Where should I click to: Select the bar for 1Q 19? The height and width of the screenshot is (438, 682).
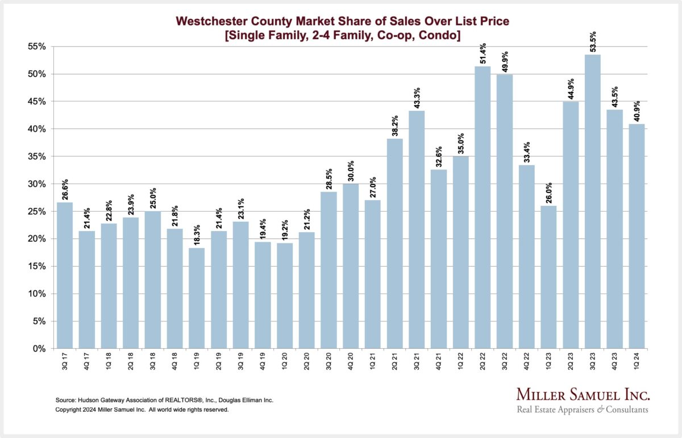(x=197, y=298)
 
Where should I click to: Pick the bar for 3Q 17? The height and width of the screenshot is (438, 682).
(x=65, y=275)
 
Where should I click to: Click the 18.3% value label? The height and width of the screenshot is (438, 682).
(x=197, y=233)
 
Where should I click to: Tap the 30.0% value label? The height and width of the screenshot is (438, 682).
(x=351, y=169)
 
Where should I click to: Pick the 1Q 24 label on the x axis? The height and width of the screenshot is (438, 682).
(x=637, y=363)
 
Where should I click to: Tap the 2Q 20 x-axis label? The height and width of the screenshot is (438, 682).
(x=307, y=363)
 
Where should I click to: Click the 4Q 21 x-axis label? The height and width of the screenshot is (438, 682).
(x=439, y=363)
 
